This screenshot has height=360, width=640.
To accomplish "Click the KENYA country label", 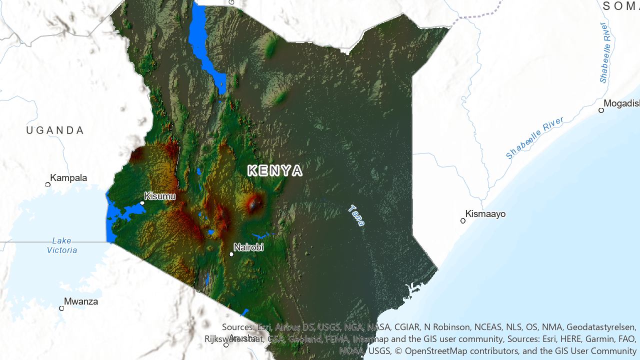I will coord(275,170).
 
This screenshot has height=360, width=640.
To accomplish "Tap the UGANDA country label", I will coord(55,130).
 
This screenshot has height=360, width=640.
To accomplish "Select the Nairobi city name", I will coord(248,247).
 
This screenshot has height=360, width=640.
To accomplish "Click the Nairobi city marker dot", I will coord(231,254).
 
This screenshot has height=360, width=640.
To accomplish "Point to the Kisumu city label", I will coord(160,196).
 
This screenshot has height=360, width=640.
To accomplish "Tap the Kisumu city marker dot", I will coord(142,203).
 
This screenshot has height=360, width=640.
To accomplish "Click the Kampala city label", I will coord(68,177).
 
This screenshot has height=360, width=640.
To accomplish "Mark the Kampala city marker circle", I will coord(48,184).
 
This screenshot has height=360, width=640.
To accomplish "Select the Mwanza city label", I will coord(81,301).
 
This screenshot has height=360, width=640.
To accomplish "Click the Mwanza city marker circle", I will coord(62,308).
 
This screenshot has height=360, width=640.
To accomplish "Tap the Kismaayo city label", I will coord(485,214).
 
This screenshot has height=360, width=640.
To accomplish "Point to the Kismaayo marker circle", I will coord(463,220).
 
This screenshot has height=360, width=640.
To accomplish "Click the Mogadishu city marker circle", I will coord(601,110).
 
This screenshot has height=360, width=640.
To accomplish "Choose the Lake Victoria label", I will coord(62,245).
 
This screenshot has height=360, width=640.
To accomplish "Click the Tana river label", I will coord(357,215).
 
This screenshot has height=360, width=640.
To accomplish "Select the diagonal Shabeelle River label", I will coord(534,137).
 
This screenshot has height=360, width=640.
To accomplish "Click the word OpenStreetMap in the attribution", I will coord(436,350).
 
